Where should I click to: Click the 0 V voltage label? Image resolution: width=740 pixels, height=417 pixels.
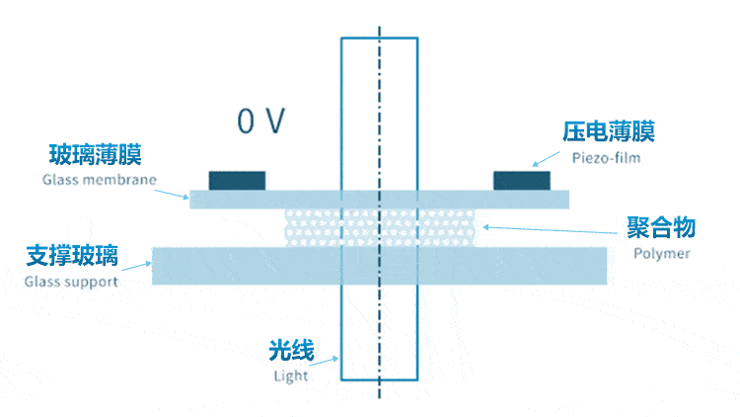[x=261, y=121]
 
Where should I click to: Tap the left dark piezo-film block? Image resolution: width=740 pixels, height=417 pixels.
[x=237, y=181]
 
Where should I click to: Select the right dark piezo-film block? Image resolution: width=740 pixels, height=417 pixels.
[x=522, y=181]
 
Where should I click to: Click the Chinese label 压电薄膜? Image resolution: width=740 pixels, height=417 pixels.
[x=609, y=131]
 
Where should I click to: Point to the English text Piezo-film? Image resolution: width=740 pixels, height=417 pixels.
[x=607, y=158]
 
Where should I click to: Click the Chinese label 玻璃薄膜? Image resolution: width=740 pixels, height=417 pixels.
[x=96, y=154]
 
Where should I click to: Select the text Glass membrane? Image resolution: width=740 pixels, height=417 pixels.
[x=99, y=180]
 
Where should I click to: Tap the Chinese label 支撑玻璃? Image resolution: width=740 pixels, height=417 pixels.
[x=72, y=256]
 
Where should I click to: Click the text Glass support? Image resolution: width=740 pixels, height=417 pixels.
[x=71, y=282]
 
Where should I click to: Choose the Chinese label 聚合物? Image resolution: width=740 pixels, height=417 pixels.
[x=661, y=227]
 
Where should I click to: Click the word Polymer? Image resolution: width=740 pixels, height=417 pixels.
[x=662, y=253]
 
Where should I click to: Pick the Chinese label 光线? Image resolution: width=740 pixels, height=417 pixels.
[x=291, y=351]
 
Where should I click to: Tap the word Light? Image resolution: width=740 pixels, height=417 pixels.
[x=291, y=375]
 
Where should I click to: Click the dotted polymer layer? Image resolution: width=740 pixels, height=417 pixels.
[x=380, y=228]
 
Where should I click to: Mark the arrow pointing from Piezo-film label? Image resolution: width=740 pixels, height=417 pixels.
[x=546, y=159]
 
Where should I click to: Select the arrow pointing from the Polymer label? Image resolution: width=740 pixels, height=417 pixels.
[x=550, y=230]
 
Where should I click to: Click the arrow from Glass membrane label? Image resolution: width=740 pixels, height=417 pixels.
[x=172, y=195]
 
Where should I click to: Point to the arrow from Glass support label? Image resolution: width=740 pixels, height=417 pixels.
[x=137, y=267]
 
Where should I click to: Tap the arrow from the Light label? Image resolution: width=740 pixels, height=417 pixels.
[x=324, y=362]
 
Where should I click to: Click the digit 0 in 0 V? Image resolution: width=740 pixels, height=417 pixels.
[x=246, y=121]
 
